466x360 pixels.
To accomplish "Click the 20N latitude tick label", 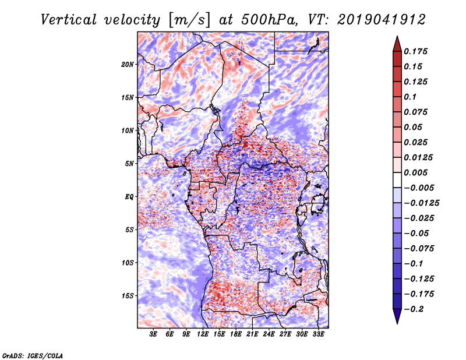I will pyautogui.click(x=128, y=64).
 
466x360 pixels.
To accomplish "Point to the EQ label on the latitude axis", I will pyautogui.click(x=129, y=197).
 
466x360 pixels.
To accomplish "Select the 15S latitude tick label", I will pyautogui.click(x=128, y=296).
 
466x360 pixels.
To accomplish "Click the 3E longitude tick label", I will pyautogui.click(x=154, y=335).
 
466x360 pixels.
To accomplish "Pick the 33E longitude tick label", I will pyautogui.click(x=319, y=335).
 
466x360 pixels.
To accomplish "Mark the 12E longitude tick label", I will pyautogui.click(x=203, y=335).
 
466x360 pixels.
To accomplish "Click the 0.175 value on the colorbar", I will pyautogui.click(x=416, y=51).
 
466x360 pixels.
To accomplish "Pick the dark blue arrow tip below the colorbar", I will pyautogui.click(x=396, y=319).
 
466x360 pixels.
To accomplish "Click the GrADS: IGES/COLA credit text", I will pyautogui.click(x=32, y=354).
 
